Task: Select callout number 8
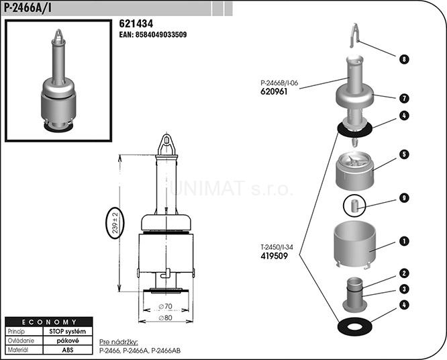coord(404,59)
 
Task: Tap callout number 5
coord(404,154)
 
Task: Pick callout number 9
coord(404,197)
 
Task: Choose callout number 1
coord(404,240)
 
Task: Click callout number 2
coord(404,273)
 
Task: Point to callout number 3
coord(404,289)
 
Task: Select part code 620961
coord(274,92)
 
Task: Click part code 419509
coord(274,255)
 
